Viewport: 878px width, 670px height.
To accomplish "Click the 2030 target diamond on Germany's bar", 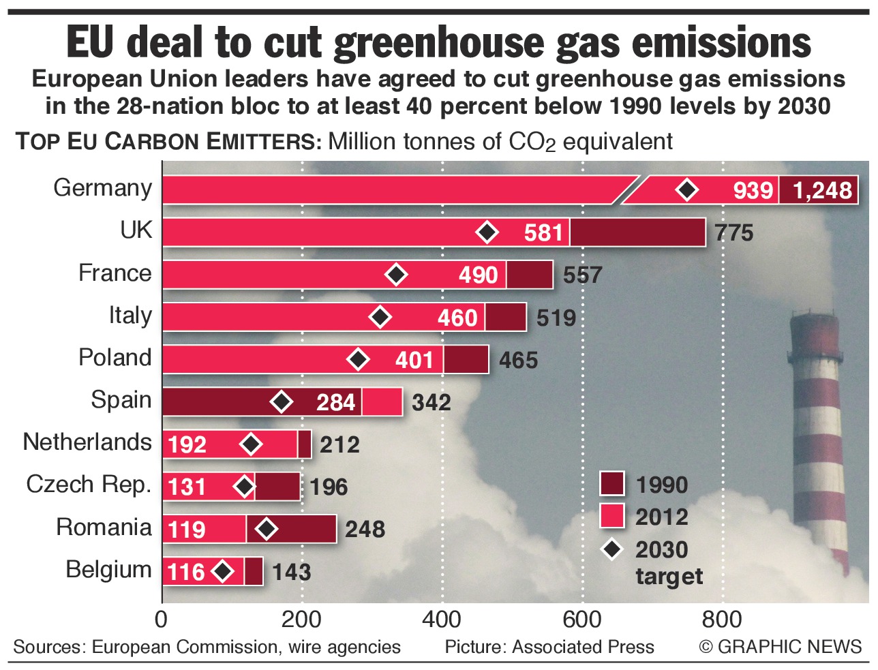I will click(x=687, y=190).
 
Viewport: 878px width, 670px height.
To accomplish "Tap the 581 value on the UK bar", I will click(x=543, y=233).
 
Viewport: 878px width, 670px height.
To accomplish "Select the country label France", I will click(x=115, y=273).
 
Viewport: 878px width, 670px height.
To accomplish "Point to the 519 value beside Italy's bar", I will click(x=556, y=318).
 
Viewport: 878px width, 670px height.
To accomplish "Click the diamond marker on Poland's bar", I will click(x=359, y=359).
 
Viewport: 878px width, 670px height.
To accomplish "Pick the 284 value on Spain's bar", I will click(x=335, y=402).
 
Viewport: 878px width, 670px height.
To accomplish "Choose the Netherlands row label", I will click(x=87, y=442).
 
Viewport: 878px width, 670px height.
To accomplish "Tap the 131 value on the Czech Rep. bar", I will click(x=187, y=487).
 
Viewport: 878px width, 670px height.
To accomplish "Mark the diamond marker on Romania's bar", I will click(x=267, y=529).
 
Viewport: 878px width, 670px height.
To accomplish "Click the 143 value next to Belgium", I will click(x=292, y=572).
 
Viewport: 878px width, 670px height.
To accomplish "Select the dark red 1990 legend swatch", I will click(x=612, y=483).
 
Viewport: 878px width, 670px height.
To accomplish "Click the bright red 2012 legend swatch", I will click(x=612, y=515).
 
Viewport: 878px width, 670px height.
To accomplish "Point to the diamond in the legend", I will click(x=612, y=549).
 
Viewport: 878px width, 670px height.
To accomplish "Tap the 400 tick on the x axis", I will click(x=442, y=620).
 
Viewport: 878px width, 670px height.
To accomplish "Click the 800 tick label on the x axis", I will click(x=722, y=620).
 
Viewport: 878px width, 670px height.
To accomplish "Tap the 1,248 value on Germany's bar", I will click(x=823, y=190).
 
